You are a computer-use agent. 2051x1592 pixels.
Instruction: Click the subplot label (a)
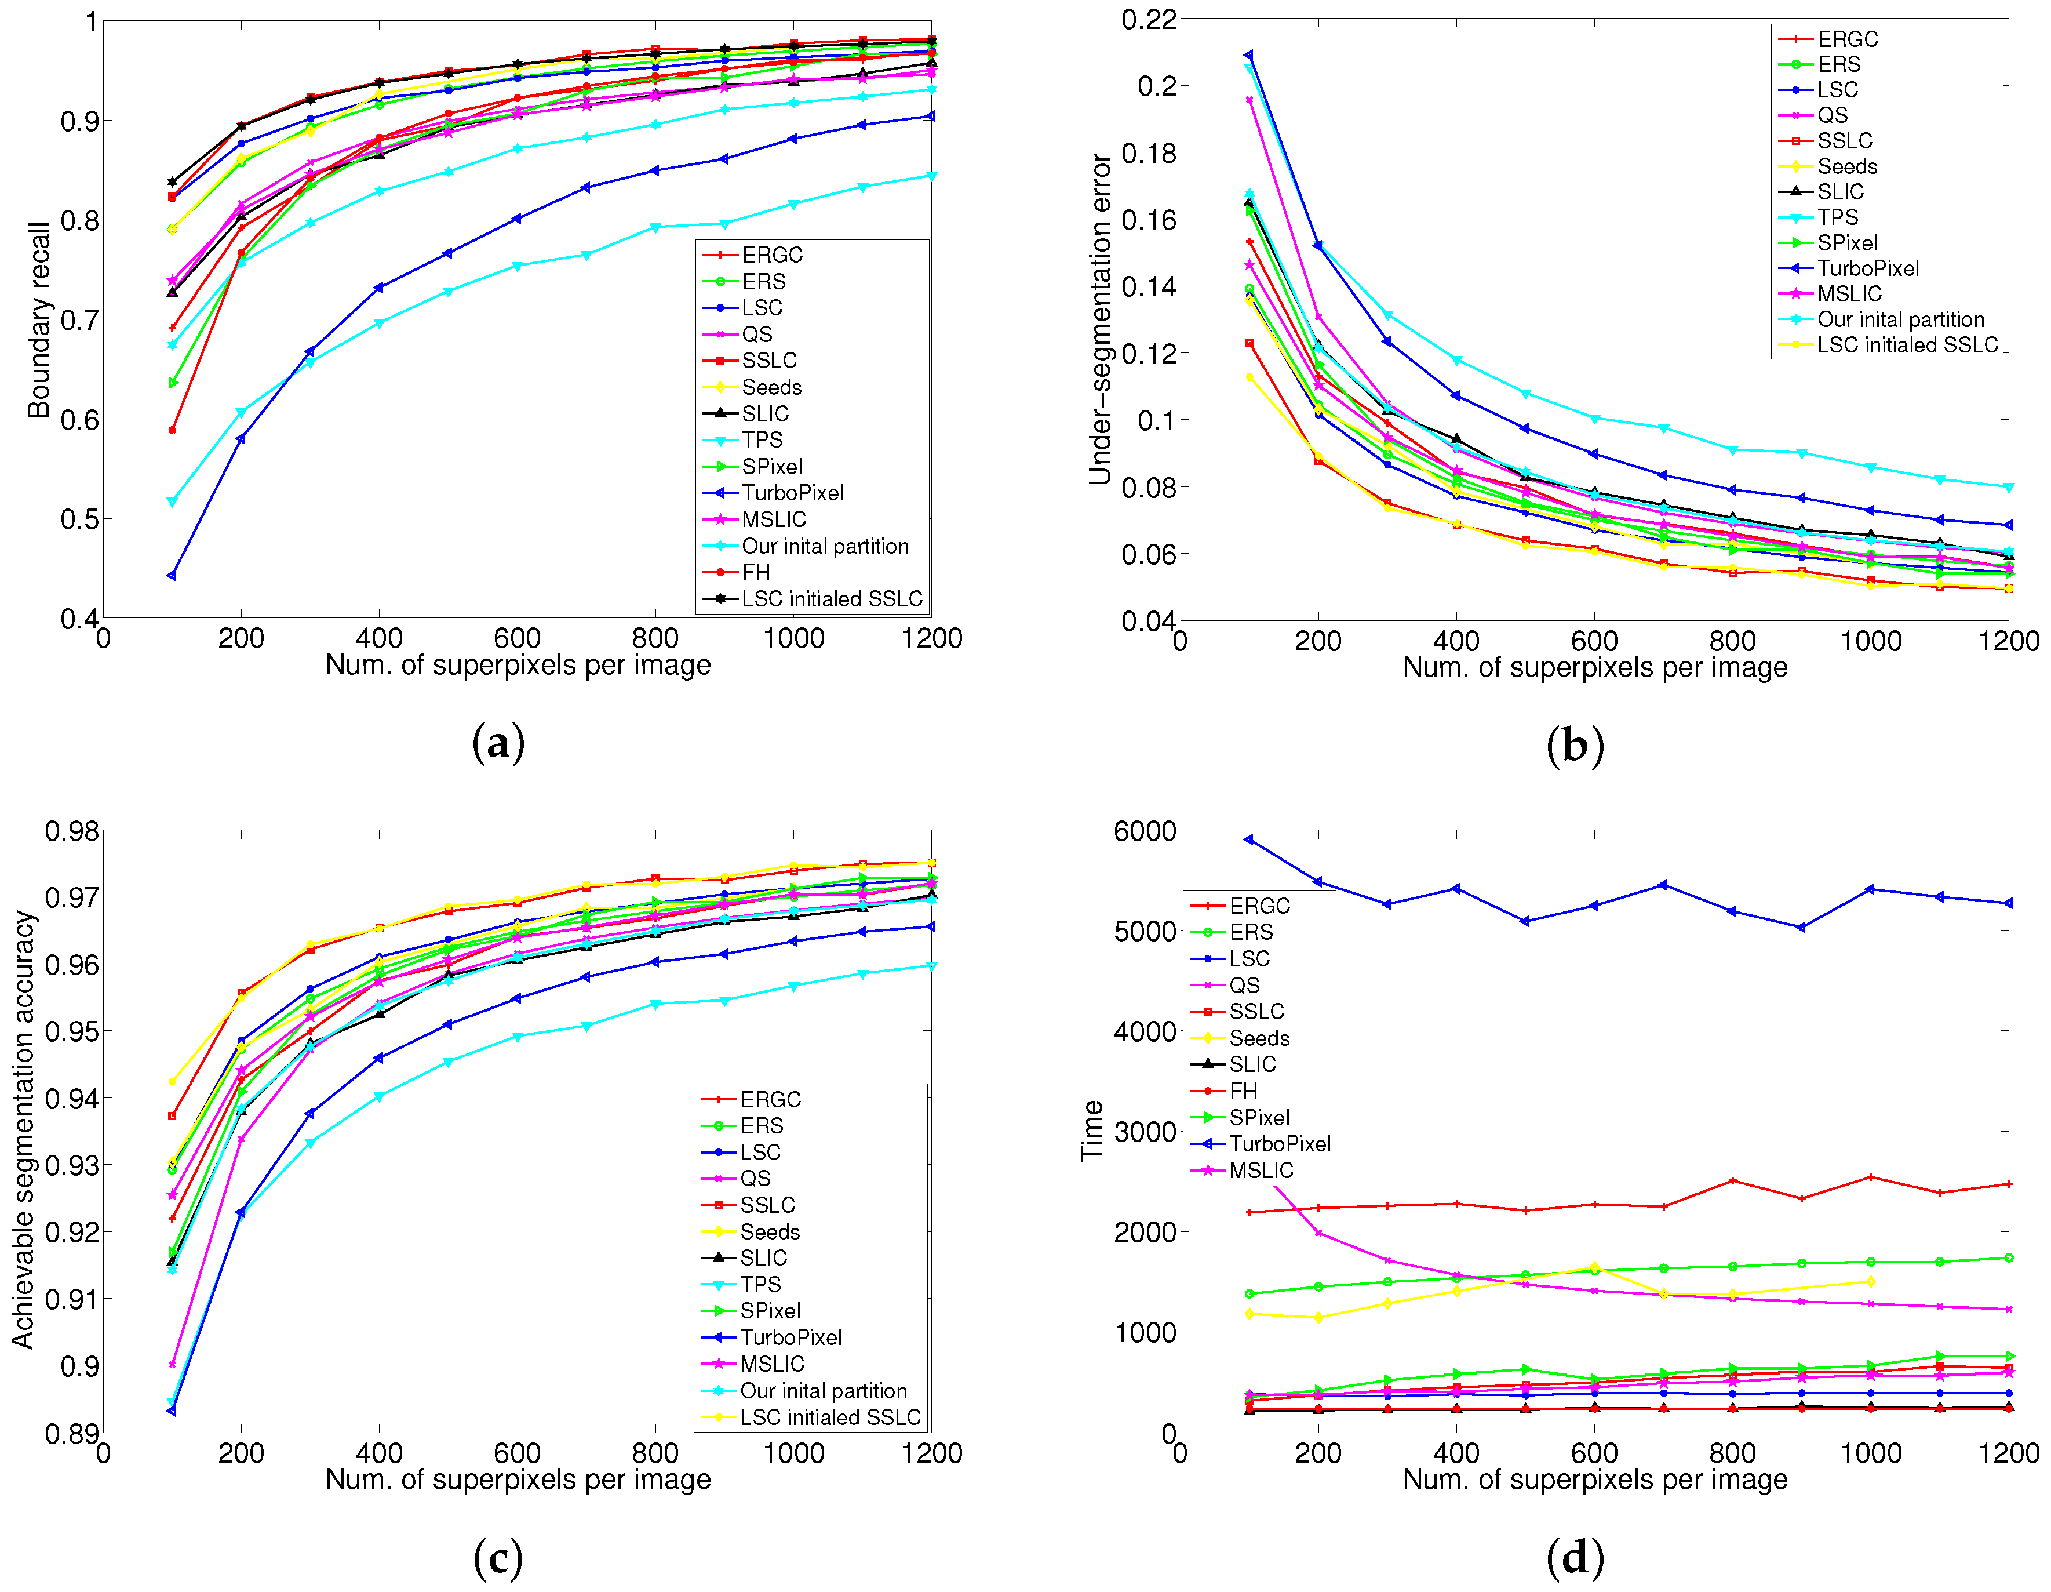[x=498, y=743]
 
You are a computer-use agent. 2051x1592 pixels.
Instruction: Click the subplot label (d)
[x=1574, y=1557]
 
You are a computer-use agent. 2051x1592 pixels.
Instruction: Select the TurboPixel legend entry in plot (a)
[x=792, y=493]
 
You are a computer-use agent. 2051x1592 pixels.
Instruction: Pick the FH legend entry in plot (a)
[x=755, y=572]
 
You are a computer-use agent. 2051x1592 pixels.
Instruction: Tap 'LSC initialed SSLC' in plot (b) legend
[x=1906, y=345]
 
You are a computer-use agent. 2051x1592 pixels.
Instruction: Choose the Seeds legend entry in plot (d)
[x=1258, y=1038]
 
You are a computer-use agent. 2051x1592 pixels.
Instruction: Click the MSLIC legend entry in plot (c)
[x=772, y=1364]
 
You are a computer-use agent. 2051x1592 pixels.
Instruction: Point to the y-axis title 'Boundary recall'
[x=38, y=319]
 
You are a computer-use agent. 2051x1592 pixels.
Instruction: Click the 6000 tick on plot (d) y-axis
[x=1144, y=831]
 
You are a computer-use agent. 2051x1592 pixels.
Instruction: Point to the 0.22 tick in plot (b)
[x=1147, y=20]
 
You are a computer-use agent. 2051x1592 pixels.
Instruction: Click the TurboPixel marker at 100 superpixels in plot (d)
[x=1249, y=839]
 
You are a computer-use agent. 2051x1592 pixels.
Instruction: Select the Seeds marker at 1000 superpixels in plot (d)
[x=1871, y=1281]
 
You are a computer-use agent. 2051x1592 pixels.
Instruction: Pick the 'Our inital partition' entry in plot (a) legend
[x=825, y=546]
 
